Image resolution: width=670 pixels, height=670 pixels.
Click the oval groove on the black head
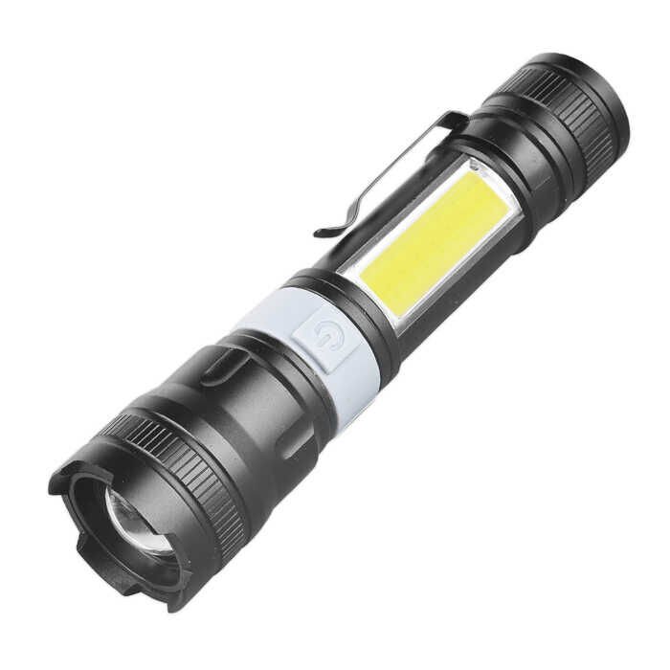(222, 367)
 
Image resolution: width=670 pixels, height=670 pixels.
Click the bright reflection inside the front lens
(124, 522)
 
